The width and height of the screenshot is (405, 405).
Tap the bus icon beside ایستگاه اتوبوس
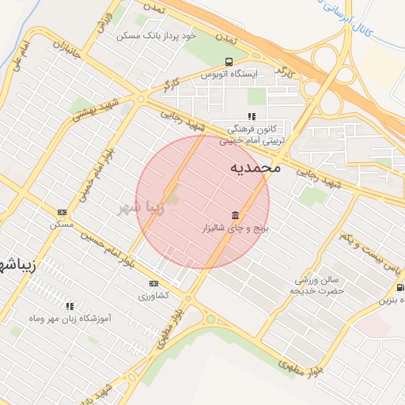[x=229, y=62]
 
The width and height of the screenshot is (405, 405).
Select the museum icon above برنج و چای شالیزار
[x=235, y=216]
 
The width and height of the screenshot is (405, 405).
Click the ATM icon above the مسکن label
[x=62, y=212]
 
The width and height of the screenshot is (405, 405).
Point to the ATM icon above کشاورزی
[x=153, y=283]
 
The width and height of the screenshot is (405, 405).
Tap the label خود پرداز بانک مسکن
[x=155, y=36]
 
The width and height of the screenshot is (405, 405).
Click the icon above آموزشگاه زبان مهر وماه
[x=70, y=305]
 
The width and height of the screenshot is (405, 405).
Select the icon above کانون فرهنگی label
[x=252, y=117]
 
